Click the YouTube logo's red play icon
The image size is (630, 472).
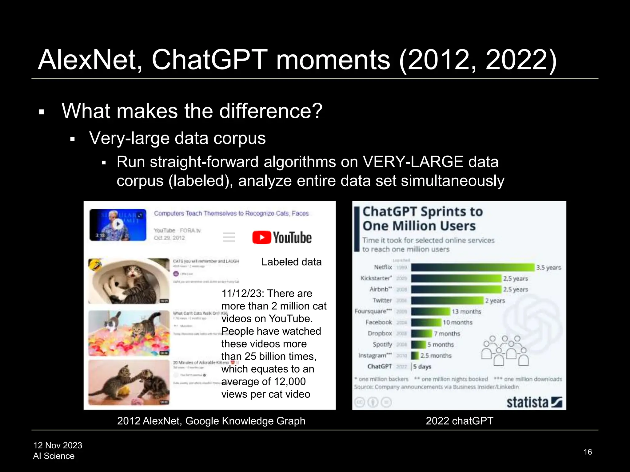pos(261,238)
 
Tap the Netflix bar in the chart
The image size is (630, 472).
pos(472,267)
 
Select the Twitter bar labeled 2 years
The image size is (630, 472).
pos(447,301)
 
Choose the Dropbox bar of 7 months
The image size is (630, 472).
pos(421,333)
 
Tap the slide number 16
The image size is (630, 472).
pos(588,452)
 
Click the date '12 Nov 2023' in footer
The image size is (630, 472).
pos(58,445)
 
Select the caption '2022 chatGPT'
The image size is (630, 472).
pos(459,421)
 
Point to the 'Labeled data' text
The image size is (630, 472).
pos(291,262)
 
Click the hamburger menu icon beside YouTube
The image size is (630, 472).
pos(229,237)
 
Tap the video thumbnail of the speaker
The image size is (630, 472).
pos(118,225)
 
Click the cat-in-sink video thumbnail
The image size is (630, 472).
pos(129,281)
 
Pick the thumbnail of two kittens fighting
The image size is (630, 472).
pos(129,383)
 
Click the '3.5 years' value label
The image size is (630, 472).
pos(548,268)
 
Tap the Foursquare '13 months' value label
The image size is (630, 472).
pos(466,312)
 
